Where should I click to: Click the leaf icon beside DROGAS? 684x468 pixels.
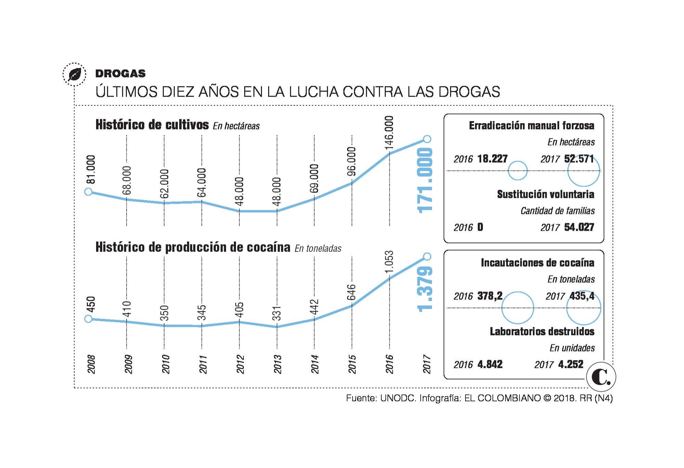point(74,74)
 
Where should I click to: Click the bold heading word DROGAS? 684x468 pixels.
point(120,74)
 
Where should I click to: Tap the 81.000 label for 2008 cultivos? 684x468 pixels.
point(91,169)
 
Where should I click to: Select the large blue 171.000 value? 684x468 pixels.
point(425,180)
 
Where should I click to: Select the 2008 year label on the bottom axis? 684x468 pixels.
point(91,364)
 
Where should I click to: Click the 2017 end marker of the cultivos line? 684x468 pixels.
point(427,139)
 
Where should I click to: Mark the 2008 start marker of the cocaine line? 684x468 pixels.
point(88,319)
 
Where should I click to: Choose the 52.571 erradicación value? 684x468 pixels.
point(579,159)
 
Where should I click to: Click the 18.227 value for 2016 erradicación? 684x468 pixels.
point(492,159)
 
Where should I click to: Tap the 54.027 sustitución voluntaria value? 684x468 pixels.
point(579,227)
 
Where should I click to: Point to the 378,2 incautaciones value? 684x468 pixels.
point(490,296)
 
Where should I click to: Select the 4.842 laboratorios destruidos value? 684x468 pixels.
point(490,364)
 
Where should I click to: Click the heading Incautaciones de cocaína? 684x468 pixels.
point(537,263)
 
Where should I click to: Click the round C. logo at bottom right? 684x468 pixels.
point(601,377)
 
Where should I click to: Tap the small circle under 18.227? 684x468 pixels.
point(517,170)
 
